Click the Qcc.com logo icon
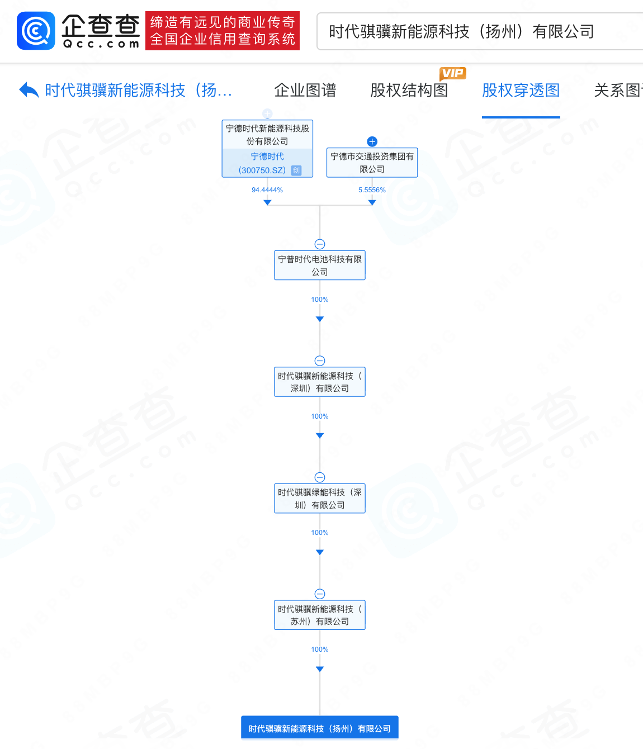tap(36, 31)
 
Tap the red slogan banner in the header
tap(223, 31)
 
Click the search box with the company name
tap(475, 31)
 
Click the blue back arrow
tap(29, 90)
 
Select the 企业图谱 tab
tap(305, 90)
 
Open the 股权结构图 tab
tap(409, 90)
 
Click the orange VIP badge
tap(452, 73)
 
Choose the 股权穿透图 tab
tap(521, 90)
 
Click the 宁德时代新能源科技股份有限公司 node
tap(267, 135)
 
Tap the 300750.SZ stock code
tap(262, 170)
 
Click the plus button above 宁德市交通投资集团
tap(372, 141)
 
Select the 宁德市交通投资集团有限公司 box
tap(372, 163)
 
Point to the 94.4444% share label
tap(267, 190)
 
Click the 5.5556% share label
tap(372, 190)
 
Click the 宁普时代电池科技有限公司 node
tap(320, 266)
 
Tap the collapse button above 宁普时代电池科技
tap(320, 244)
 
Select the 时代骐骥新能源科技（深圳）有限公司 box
tap(320, 382)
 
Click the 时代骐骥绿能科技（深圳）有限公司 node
tap(320, 499)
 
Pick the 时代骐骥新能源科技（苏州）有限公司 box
tap(320, 615)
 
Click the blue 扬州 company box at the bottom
tap(320, 728)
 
